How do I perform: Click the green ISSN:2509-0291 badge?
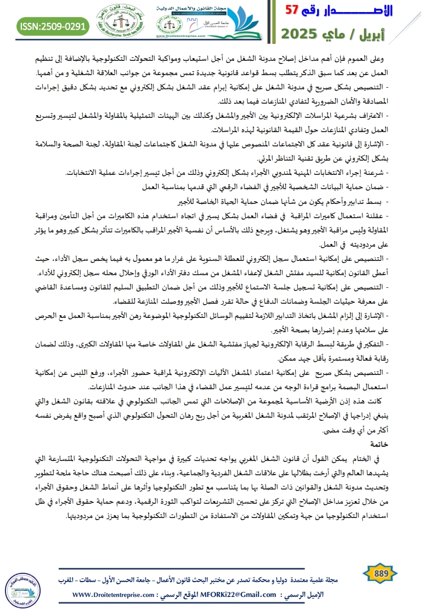point(53,25)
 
